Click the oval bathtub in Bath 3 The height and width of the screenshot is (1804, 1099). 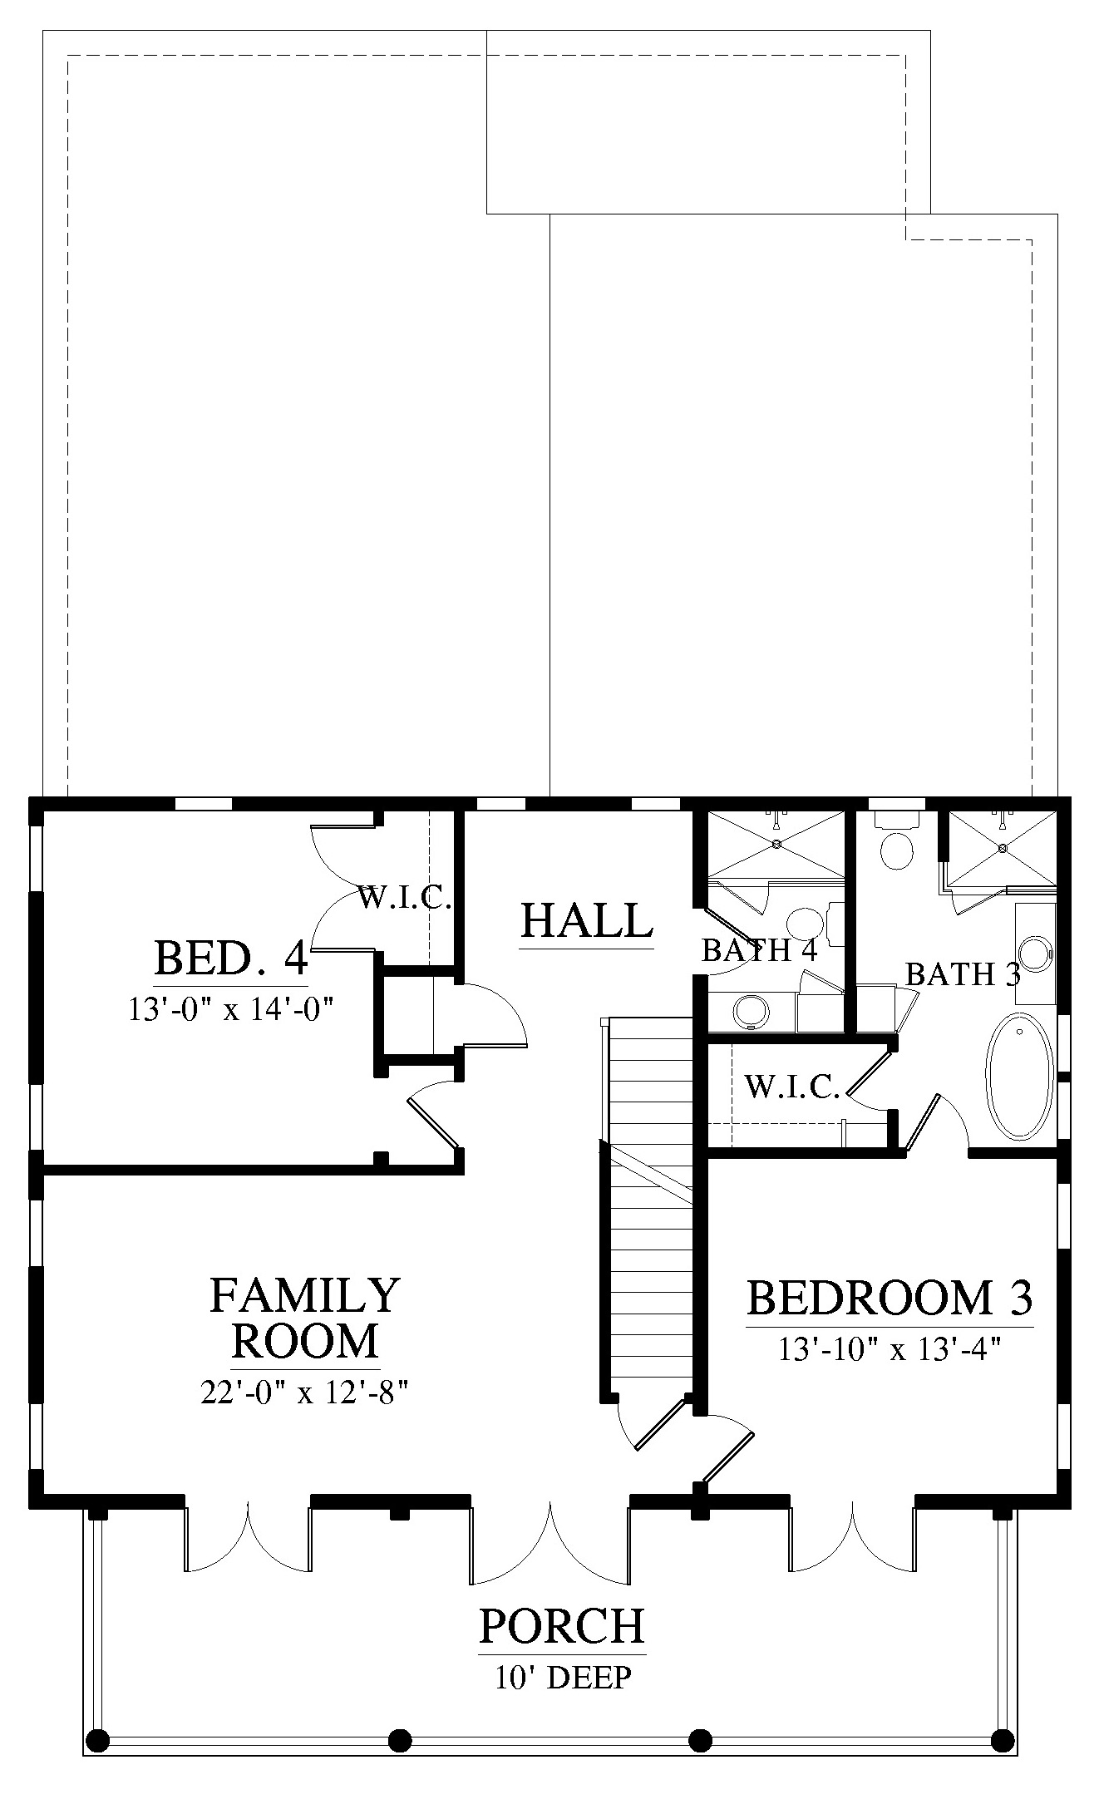tap(1019, 1076)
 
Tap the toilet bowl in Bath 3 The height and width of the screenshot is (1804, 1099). tap(897, 850)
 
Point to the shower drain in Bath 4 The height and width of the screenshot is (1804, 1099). tap(776, 844)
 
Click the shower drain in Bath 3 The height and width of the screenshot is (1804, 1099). tap(1003, 848)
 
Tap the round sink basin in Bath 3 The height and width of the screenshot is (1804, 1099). tap(1037, 954)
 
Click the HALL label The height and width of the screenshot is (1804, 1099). tap(587, 920)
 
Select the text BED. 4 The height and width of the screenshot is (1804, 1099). tap(231, 958)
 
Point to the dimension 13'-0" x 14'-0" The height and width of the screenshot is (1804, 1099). tap(230, 1009)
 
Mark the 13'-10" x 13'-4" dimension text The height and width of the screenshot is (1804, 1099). tap(888, 1350)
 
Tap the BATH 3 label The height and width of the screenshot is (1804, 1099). tap(963, 974)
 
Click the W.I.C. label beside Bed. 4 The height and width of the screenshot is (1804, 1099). tap(405, 898)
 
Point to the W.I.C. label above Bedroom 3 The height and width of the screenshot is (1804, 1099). tap(792, 1087)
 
